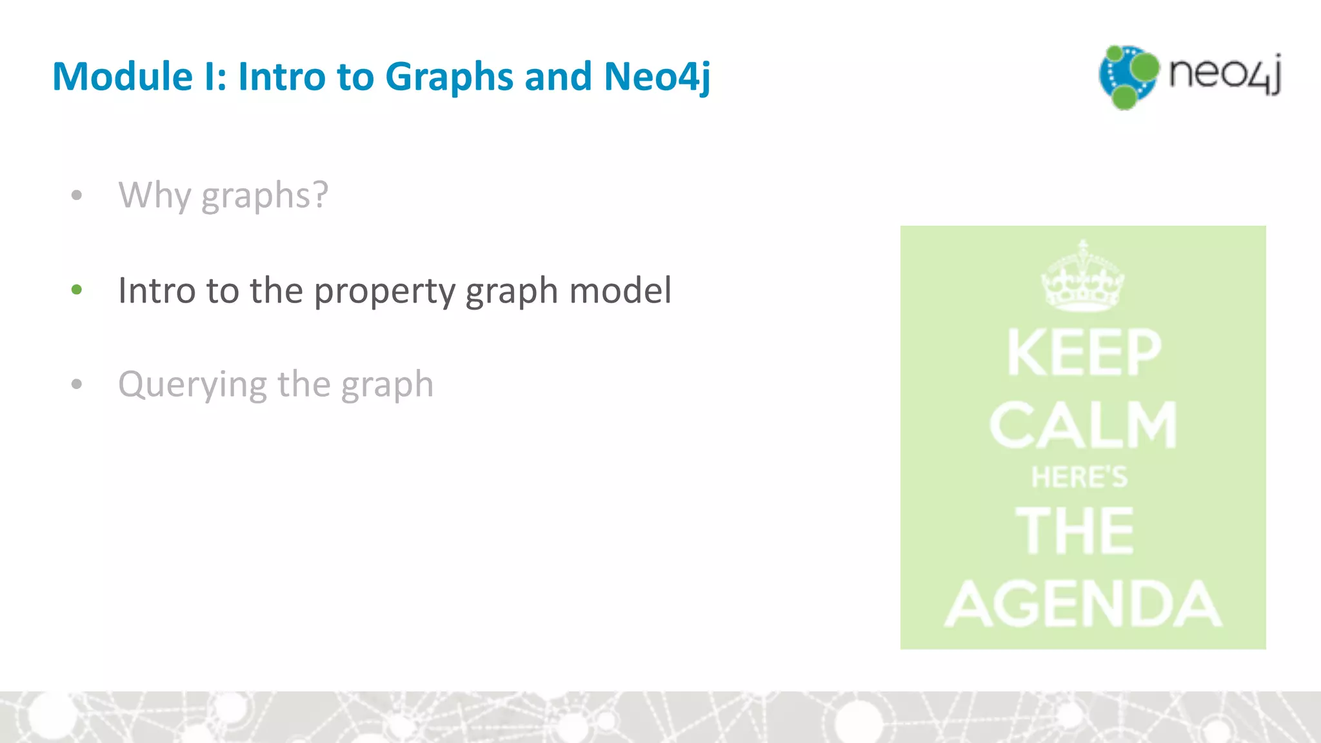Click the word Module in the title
pos(123,77)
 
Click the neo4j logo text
pos(1224,74)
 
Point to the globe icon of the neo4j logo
pos(1128,77)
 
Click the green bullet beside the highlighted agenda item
pos(77,290)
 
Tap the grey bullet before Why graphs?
pos(77,195)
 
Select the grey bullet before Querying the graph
pos(77,384)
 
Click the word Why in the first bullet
pos(154,195)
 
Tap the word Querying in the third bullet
pos(192,385)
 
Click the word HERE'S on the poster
pos(1080,478)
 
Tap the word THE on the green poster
pos(1075,530)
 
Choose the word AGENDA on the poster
pos(1084,604)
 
